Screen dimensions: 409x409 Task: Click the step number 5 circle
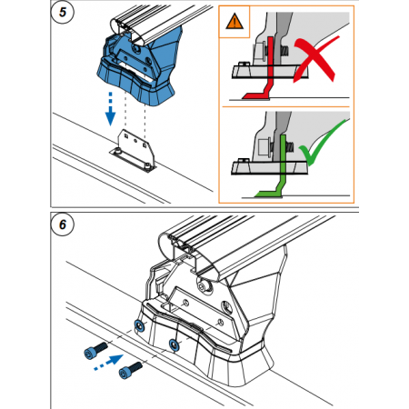[x=63, y=12]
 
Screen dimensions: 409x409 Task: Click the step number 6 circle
[x=63, y=224]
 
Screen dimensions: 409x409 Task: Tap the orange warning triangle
[x=234, y=22]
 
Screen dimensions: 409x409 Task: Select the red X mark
[x=315, y=59]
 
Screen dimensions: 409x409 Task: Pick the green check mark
[x=322, y=142]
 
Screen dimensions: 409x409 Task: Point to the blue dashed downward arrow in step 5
[x=110, y=109]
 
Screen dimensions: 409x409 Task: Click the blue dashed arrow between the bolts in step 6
[x=108, y=363]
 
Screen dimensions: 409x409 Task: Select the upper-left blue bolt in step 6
[x=95, y=351]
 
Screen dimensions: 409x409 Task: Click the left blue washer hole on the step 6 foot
[x=140, y=326]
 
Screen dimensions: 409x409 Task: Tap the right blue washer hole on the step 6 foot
[x=174, y=344]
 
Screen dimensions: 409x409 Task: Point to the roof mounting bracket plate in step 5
[x=134, y=151]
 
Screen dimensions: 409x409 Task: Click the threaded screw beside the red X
[x=284, y=50]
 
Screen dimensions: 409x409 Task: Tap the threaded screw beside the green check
[x=290, y=147]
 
